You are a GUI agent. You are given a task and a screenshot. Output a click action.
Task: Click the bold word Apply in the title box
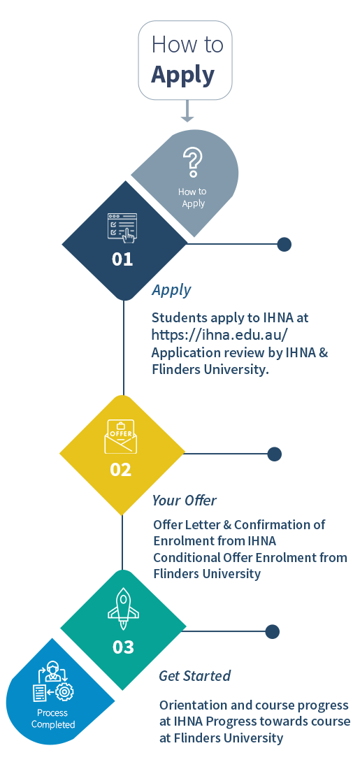[x=182, y=76]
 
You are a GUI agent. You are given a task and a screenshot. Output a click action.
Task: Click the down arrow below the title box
[x=187, y=111]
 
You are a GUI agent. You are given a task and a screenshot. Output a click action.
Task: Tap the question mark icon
[x=192, y=161]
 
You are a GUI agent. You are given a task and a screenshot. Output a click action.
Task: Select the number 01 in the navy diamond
[x=122, y=259]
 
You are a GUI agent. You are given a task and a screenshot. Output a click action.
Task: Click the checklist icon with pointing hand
[x=122, y=228]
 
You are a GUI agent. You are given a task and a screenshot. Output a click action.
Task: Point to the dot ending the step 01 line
[x=284, y=244]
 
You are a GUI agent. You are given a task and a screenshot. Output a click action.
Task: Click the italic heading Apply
[x=171, y=290]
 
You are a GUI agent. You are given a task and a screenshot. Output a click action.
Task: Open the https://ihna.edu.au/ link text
[x=219, y=335]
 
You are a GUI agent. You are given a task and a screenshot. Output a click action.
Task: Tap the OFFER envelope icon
[x=120, y=436]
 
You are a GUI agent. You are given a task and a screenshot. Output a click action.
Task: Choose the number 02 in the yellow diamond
[x=121, y=469]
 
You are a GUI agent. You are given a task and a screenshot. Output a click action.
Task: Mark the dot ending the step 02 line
[x=274, y=454]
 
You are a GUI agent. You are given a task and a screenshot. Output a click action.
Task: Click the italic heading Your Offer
[x=185, y=501]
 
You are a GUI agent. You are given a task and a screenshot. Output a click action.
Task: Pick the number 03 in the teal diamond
[x=123, y=647]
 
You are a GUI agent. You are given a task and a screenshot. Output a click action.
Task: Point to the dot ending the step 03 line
[x=273, y=631]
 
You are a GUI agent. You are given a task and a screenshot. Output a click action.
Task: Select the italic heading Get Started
[x=194, y=676]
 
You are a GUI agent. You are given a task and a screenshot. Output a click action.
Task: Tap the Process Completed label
[x=53, y=719]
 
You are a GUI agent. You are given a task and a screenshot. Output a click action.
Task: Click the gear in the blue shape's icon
[x=64, y=691]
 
